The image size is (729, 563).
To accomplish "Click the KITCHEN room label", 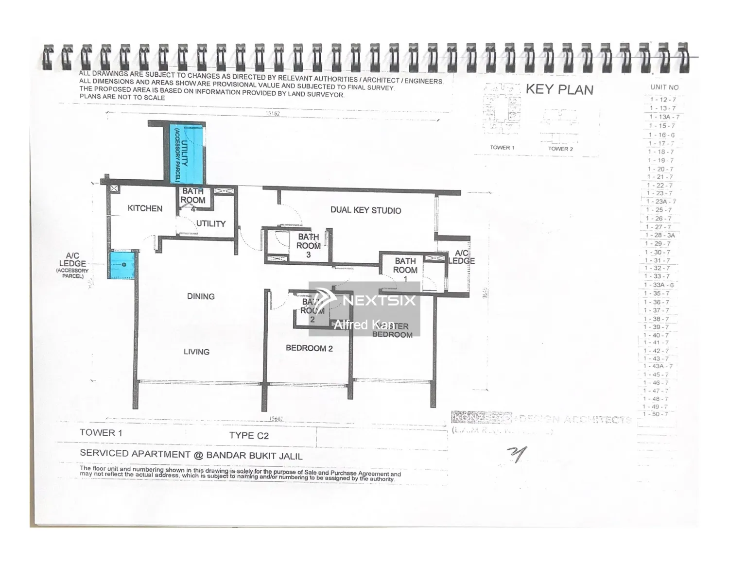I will [145, 208].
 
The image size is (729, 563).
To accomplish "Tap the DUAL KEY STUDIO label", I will [365, 210].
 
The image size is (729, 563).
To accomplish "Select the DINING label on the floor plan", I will [201, 296].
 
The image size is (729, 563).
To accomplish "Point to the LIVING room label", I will [196, 352].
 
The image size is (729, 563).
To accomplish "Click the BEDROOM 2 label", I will [309, 348].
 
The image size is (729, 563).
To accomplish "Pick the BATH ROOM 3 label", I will [308, 246].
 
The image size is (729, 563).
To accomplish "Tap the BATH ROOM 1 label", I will [405, 270].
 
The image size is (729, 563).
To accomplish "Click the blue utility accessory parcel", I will [187, 153].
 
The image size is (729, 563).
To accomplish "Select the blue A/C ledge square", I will [121, 265].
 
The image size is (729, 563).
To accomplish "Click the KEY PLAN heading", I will [559, 90].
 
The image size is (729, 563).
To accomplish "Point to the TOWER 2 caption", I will [560, 149].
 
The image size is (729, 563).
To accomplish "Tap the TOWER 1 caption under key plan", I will [502, 148].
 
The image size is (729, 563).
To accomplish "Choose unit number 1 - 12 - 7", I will [663, 100].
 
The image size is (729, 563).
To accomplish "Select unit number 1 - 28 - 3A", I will [660, 235].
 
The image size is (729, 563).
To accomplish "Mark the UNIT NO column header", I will [664, 87].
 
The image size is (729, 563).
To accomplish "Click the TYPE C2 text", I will [249, 436].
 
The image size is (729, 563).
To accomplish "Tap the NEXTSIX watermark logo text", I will [379, 300].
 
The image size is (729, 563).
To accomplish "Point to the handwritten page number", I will [517, 455].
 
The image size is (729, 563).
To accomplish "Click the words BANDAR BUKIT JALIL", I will [254, 456].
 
